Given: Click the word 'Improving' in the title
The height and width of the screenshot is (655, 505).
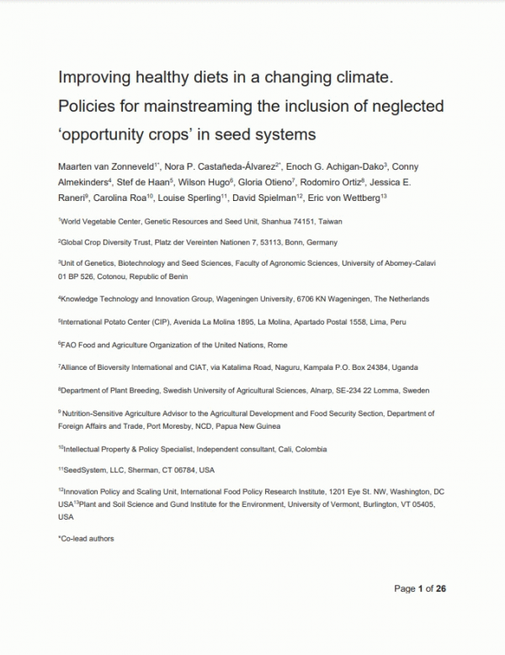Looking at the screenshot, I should pyautogui.click(x=93, y=80).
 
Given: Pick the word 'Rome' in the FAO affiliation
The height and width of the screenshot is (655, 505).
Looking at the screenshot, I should pyautogui.click(x=279, y=345).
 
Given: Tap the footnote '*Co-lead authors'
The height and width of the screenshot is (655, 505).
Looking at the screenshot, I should pyautogui.click(x=86, y=539).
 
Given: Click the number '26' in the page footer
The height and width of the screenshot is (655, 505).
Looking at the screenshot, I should pyautogui.click(x=440, y=589).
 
